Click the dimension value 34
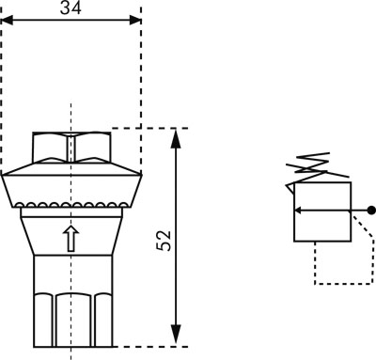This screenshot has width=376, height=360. tap(70, 8)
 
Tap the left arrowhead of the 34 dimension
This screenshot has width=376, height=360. tap(8, 21)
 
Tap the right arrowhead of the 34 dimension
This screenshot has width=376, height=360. tap(135, 21)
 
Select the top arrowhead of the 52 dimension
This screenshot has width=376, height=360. tap(177, 138)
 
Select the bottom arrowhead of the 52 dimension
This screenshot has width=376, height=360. tap(177, 335)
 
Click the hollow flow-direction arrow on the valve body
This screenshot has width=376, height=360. tap(71, 239)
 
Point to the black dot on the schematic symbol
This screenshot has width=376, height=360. tap(371, 211)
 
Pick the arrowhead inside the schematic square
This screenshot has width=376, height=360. tap(299, 211)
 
